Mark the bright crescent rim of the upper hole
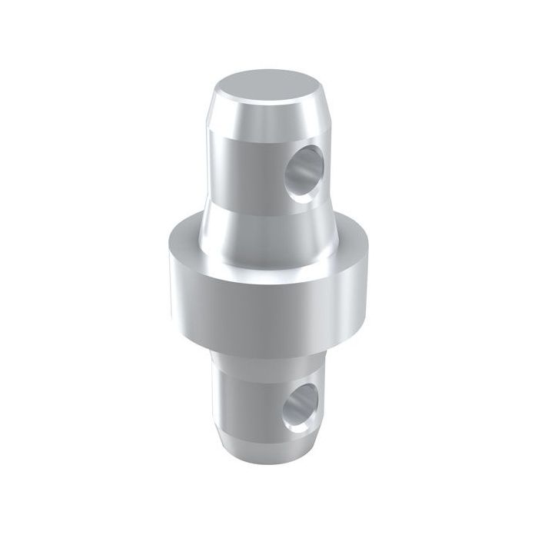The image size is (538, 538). point(286,174)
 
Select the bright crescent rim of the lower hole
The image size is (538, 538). point(286,407)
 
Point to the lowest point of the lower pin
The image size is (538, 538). point(269,466)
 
